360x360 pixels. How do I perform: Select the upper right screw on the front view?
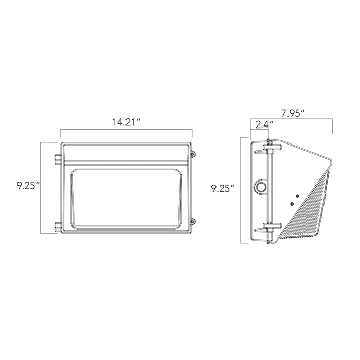(193, 154)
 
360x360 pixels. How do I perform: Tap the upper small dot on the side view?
(296, 195)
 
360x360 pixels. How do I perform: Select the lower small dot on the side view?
(291, 204)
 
